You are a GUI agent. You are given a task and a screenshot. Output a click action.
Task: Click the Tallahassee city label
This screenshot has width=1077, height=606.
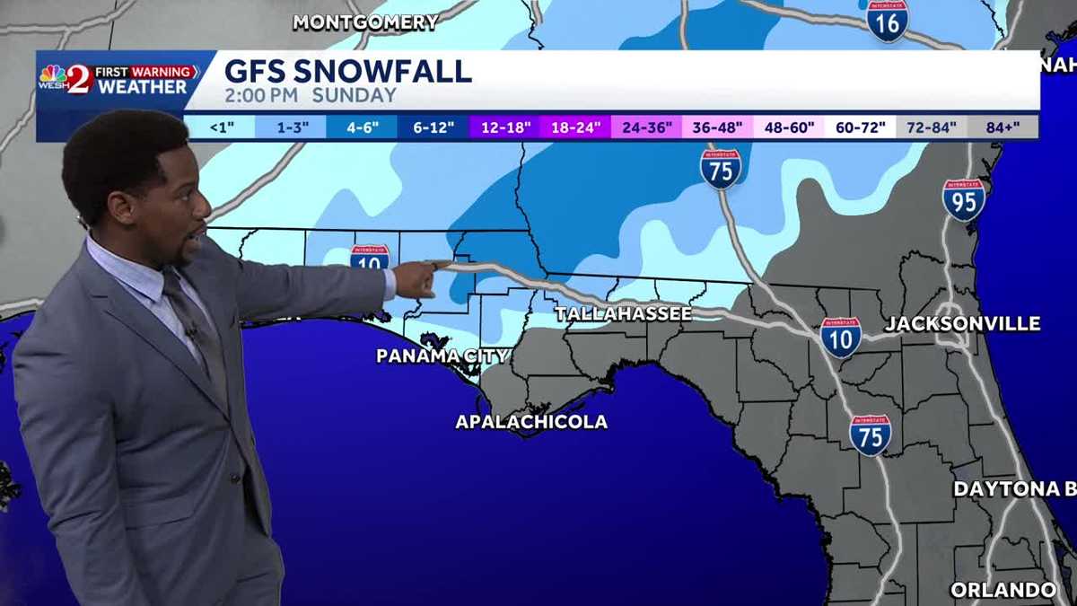pyautogui.click(x=623, y=313)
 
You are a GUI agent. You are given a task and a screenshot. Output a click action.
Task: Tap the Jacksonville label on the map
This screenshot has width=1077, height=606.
pyautogui.click(x=962, y=324)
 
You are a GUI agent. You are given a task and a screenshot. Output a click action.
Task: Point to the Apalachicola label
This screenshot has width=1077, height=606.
pyautogui.click(x=531, y=422)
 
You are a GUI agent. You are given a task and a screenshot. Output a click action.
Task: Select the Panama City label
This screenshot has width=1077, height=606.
pyautogui.click(x=442, y=356)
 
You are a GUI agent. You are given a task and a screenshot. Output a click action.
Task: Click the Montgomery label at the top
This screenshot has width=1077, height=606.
pyautogui.click(x=365, y=22)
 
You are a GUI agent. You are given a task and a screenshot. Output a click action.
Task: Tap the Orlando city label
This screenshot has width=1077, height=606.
pyautogui.click(x=1003, y=590)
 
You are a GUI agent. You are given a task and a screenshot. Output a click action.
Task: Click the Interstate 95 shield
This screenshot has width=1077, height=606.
pyautogui.click(x=964, y=199)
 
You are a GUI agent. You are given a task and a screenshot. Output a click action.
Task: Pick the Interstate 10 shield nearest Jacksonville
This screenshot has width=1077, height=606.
pyautogui.click(x=840, y=337)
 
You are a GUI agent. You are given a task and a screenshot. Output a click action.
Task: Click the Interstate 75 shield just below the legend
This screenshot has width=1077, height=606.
pyautogui.click(x=721, y=169)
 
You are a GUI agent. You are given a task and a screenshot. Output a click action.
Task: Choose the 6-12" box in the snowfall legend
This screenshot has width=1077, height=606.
pyautogui.click(x=433, y=127)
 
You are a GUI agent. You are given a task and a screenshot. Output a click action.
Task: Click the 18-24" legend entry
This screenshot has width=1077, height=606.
pyautogui.click(x=575, y=127)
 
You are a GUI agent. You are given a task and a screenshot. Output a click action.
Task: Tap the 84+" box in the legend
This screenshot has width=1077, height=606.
pyautogui.click(x=1003, y=127)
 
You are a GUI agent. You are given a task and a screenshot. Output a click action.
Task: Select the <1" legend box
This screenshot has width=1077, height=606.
pyautogui.click(x=221, y=127)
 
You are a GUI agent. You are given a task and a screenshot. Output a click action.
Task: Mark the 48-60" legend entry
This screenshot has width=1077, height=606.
pyautogui.click(x=789, y=127)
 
